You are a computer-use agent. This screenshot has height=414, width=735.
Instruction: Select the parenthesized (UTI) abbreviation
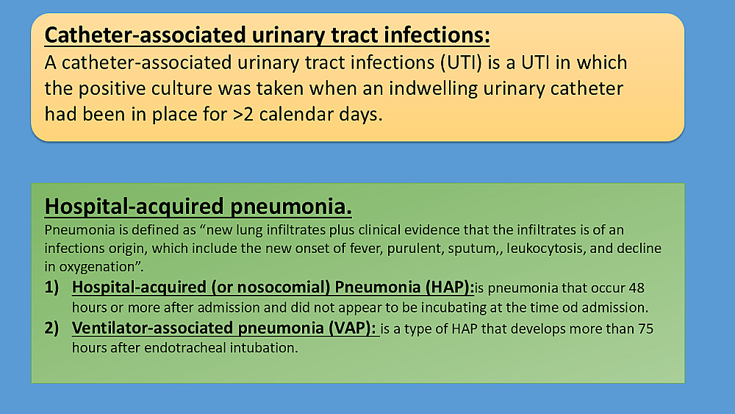pyautogui.click(x=462, y=63)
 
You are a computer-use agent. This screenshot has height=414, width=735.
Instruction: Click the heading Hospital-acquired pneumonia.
pyautogui.click(x=198, y=207)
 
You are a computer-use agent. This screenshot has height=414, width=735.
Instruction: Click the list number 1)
pyautogui.click(x=52, y=287)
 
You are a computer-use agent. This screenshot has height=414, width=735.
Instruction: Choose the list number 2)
pyautogui.click(x=52, y=328)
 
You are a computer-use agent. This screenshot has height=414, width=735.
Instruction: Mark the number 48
pyautogui.click(x=637, y=288)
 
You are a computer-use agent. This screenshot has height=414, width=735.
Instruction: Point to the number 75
pyautogui.click(x=645, y=329)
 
